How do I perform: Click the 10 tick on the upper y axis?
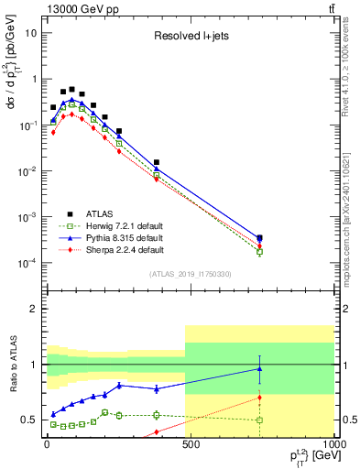(30, 33)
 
